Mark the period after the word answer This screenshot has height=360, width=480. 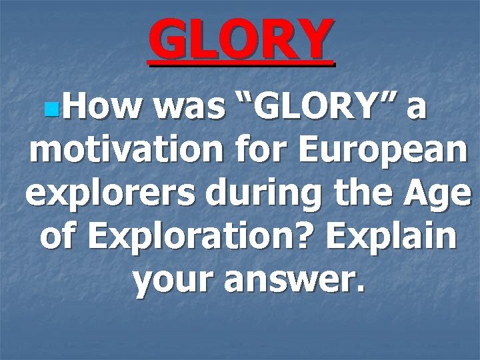pos(361,294)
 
